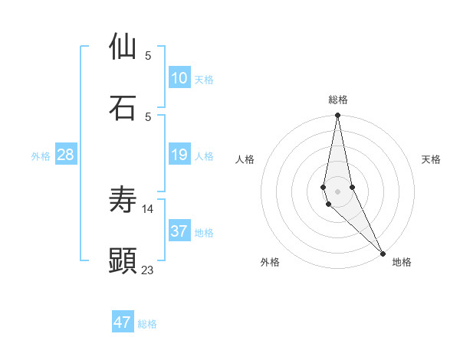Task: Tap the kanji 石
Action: (123, 107)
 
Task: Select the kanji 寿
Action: (123, 200)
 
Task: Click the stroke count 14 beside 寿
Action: (148, 208)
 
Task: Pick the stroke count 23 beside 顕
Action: (148, 270)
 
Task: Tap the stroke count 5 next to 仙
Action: (148, 55)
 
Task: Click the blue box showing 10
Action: (179, 78)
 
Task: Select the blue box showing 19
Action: (179, 155)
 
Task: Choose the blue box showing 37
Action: (179, 231)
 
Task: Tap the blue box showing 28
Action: (66, 155)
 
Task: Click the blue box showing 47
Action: (123, 322)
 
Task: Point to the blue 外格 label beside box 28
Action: (41, 156)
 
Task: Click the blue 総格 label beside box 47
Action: (147, 324)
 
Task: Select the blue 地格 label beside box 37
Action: (204, 233)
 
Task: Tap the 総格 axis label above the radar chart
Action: (338, 100)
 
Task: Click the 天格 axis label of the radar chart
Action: (432, 159)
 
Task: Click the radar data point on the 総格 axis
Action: (338, 116)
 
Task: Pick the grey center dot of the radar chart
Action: (338, 191)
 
